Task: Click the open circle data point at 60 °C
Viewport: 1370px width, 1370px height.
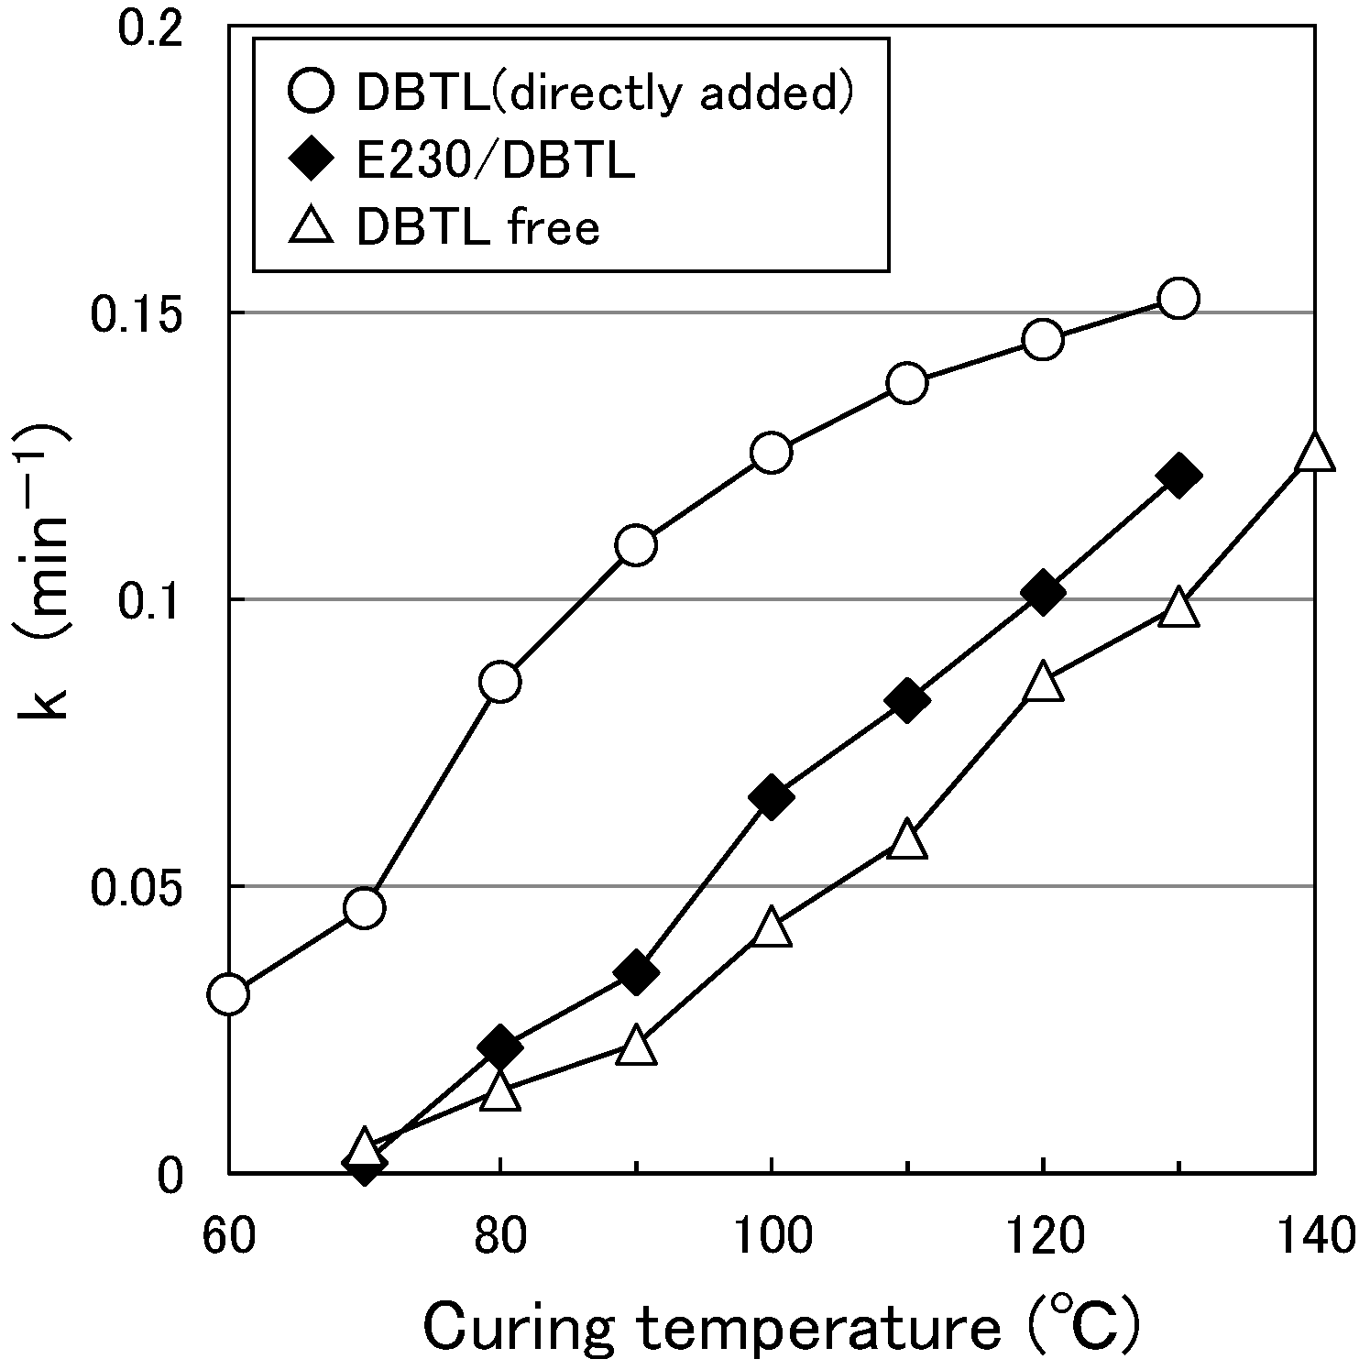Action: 228,994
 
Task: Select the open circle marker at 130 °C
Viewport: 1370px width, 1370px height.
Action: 1178,298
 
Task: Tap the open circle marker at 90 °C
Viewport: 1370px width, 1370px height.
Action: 636,545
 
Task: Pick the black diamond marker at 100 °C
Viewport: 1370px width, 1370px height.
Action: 771,798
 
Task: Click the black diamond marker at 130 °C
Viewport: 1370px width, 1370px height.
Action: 1178,476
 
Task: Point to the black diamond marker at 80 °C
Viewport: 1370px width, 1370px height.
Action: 499,1046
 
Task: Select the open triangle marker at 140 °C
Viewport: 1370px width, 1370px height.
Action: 1314,454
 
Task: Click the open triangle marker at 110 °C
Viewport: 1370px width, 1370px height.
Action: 907,840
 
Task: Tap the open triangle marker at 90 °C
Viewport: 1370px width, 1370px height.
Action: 636,1047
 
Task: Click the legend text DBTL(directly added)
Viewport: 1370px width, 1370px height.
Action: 605,92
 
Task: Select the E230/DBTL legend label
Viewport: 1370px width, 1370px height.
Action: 495,161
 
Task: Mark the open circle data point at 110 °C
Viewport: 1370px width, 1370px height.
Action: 907,382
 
